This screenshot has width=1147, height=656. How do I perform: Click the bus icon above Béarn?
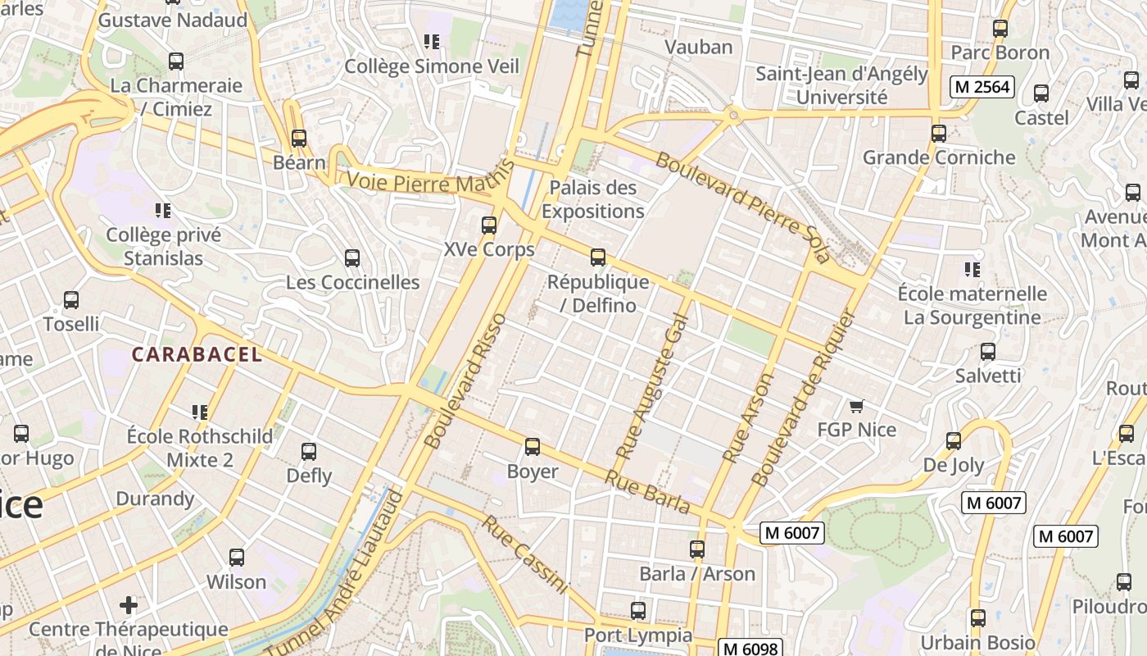(299, 139)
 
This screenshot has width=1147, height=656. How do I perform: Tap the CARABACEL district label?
(197, 354)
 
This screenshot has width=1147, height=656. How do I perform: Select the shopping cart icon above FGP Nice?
(857, 406)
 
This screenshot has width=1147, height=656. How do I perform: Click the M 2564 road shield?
(982, 87)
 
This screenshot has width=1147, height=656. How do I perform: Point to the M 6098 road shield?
(750, 648)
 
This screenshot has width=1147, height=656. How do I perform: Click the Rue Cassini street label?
(524, 554)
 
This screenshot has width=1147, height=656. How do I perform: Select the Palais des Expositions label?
(592, 199)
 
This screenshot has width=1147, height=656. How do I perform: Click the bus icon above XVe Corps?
(489, 225)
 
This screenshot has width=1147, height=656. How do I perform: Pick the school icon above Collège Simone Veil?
(432, 42)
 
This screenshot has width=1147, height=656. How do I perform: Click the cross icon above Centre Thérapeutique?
(129, 605)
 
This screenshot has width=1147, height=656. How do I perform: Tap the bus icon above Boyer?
(533, 447)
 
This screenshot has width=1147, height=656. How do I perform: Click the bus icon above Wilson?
(237, 558)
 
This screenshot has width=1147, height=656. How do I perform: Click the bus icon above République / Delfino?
(598, 257)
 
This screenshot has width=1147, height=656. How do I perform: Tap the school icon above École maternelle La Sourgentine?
(972, 269)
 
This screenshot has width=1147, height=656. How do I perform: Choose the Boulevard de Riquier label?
(803, 399)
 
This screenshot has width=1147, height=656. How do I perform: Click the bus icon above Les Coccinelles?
(352, 258)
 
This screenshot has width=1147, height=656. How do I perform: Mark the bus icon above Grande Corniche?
(939, 133)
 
